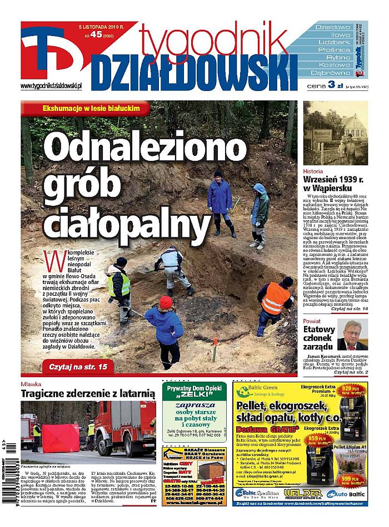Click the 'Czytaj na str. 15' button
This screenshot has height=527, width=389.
(78, 366)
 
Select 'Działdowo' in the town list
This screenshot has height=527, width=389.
(333, 27)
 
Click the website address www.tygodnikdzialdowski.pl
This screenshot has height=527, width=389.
(51, 85)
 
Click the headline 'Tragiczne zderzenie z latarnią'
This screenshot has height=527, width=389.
(87, 393)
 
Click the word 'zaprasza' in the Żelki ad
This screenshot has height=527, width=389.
(194, 404)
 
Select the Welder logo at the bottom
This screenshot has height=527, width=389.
(303, 493)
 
